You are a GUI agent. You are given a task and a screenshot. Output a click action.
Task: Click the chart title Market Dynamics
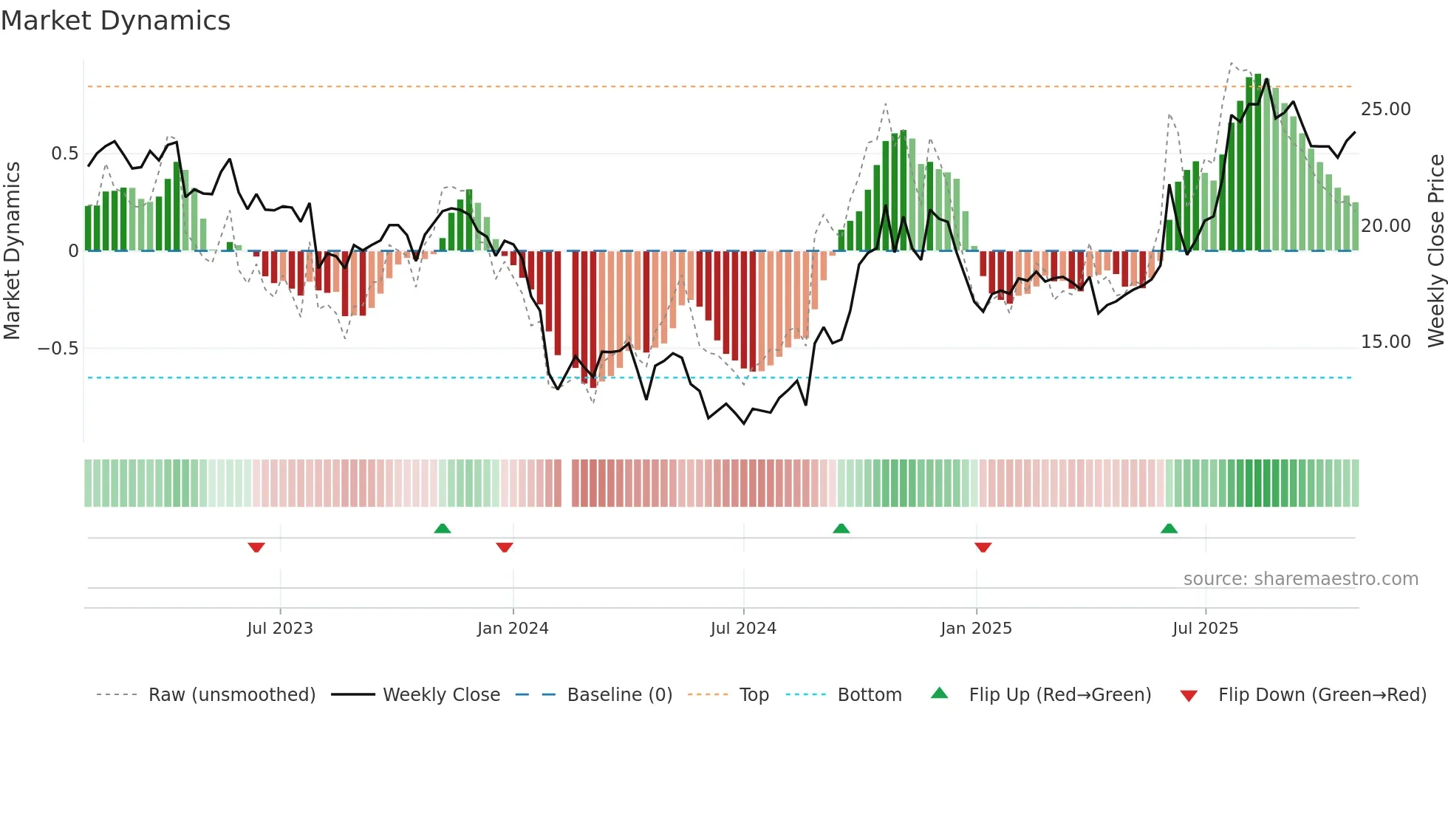point(115,21)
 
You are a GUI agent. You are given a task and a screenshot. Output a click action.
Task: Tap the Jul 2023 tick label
point(280,629)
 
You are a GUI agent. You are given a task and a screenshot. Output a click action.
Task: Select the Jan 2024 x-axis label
point(513,629)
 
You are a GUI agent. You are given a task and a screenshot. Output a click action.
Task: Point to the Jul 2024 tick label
point(743,629)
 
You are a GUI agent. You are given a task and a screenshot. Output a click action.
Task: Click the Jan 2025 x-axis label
point(976,629)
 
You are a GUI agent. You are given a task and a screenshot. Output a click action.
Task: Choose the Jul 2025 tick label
point(1205,629)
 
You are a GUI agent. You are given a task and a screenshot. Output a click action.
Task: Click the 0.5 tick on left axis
point(64,154)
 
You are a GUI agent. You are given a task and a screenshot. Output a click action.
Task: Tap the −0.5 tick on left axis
point(58,348)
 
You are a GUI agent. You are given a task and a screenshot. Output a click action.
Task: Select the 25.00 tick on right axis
point(1385,109)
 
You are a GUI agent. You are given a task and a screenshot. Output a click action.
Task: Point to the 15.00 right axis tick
point(1385,342)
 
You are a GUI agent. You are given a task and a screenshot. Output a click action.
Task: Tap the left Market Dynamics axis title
point(12,251)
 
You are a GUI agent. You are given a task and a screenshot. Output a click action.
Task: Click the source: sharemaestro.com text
point(1300,579)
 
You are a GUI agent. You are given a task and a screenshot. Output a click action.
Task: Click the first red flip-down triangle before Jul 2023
point(256,547)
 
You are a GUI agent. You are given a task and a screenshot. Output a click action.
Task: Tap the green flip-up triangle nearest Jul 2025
point(1169,528)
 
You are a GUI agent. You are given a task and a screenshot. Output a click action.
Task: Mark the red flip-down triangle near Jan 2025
point(983,547)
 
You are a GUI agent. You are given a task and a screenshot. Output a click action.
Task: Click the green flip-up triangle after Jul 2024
point(841,528)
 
